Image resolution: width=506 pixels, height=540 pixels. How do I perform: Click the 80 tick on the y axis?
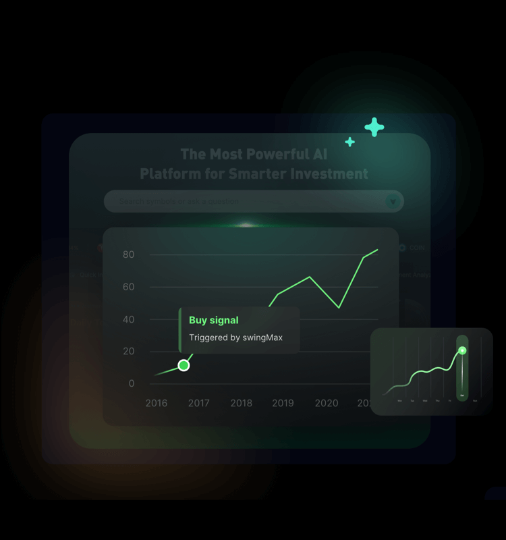[x=128, y=254]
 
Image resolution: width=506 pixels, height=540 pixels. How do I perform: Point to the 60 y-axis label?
[x=128, y=287]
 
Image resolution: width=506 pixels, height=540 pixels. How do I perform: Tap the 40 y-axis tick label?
[x=128, y=319]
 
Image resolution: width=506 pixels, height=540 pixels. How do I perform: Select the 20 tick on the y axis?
[x=128, y=351]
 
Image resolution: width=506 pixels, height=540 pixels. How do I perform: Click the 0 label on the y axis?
[x=131, y=383]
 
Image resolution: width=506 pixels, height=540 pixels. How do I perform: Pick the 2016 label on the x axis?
[x=157, y=403]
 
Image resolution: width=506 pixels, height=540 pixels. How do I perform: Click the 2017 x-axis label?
[x=198, y=403]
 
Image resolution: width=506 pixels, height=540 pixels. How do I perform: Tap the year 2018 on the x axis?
[x=241, y=403]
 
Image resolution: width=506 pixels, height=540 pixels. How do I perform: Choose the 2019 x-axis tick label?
[x=283, y=403]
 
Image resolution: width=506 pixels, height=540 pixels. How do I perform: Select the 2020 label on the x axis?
[x=327, y=403]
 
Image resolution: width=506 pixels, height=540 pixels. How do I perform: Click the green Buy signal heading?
[x=214, y=320]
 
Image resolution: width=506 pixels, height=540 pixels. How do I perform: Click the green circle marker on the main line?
[x=184, y=365]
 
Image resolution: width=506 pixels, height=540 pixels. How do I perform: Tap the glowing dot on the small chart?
[x=462, y=350]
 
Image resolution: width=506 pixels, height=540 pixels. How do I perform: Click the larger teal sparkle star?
[x=374, y=127]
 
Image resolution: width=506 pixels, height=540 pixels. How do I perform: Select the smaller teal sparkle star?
[x=349, y=142]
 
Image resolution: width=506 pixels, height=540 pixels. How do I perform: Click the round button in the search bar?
[x=393, y=201]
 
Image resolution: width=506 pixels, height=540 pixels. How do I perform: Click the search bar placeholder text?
[x=179, y=201]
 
